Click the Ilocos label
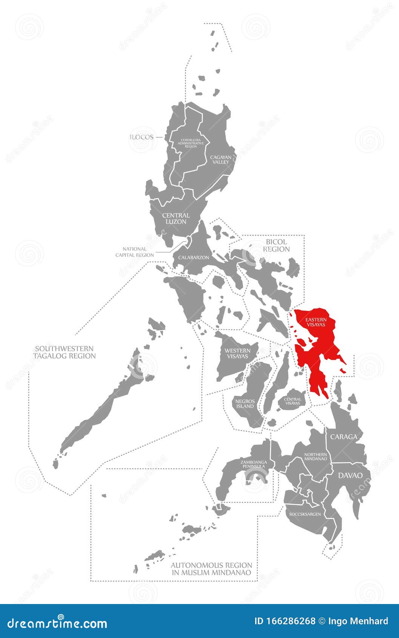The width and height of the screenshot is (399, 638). (142, 137)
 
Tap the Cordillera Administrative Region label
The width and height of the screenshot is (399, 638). (191, 143)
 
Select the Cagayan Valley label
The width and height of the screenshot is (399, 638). (220, 159)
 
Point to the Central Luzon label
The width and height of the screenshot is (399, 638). (176, 218)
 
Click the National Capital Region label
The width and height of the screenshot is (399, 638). (134, 252)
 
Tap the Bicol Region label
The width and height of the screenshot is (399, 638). (276, 245)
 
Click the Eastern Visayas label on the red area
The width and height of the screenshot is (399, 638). (316, 322)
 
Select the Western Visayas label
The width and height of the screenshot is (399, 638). (237, 353)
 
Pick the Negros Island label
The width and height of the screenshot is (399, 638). (245, 404)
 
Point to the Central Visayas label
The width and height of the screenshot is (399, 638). (293, 401)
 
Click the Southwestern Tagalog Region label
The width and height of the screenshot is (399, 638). (64, 352)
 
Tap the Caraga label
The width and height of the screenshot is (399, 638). (344, 437)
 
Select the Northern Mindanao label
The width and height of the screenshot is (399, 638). (315, 457)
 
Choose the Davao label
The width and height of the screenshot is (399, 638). (350, 475)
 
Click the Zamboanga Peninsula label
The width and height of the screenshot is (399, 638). (254, 464)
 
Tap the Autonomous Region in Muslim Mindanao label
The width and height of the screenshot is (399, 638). (211, 569)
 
